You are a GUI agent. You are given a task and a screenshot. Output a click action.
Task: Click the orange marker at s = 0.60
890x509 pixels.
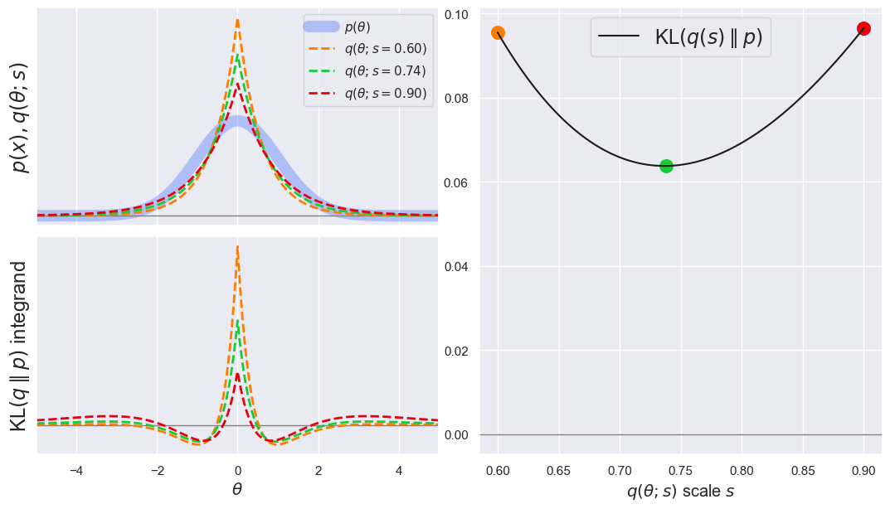click(x=498, y=32)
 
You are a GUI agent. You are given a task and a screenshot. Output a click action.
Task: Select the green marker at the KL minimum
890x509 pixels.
click(x=666, y=166)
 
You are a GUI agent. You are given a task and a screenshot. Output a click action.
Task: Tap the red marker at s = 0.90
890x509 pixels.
click(x=863, y=28)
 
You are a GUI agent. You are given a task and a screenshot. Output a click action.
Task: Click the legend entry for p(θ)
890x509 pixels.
click(x=357, y=27)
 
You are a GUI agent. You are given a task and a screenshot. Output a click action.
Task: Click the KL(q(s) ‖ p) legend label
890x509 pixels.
click(x=708, y=37)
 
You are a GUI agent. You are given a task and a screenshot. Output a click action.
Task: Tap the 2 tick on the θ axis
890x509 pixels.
click(x=319, y=469)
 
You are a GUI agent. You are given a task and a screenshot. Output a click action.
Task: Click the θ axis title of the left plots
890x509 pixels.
click(x=237, y=490)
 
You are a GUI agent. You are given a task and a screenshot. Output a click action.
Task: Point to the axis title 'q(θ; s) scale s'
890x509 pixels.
click(x=680, y=491)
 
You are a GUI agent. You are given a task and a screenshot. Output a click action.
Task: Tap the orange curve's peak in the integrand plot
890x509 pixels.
click(x=237, y=247)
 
